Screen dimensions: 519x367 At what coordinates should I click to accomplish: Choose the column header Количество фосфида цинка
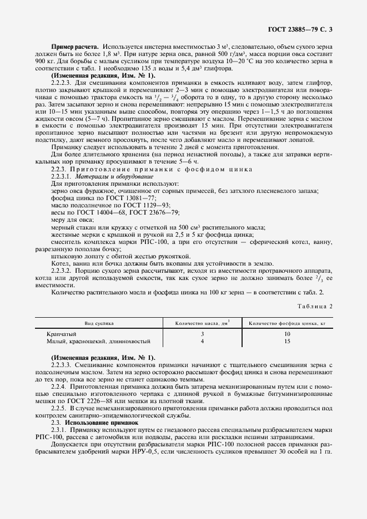[286, 322]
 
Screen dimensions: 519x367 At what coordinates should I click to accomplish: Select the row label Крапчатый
[63, 334]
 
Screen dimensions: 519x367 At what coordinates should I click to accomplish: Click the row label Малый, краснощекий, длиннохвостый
[98, 341]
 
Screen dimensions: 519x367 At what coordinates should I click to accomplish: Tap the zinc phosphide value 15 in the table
[286, 341]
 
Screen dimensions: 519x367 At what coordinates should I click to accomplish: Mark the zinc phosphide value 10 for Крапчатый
[286, 334]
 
